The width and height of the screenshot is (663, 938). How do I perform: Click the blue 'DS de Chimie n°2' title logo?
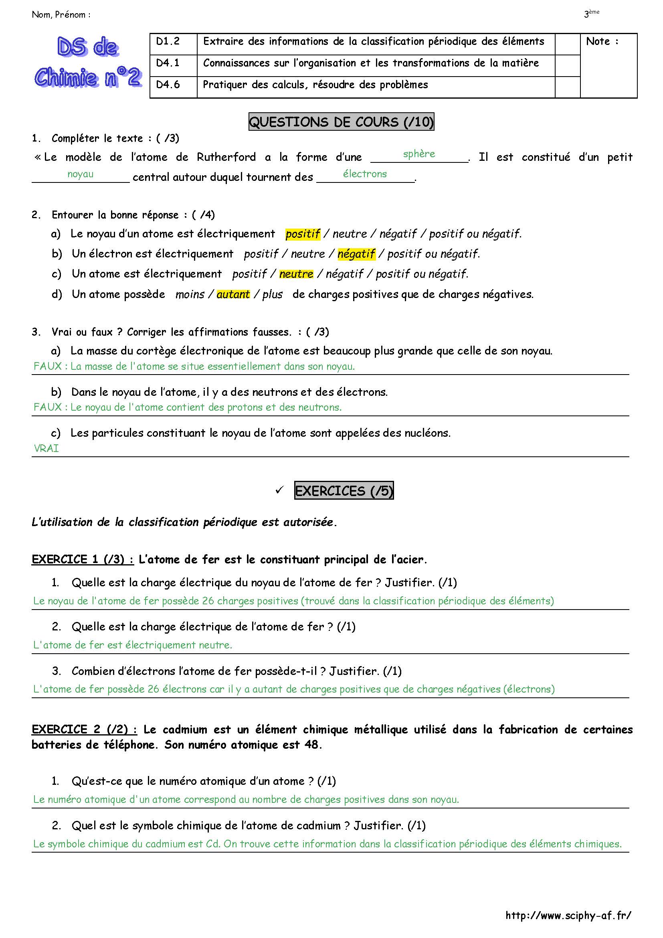click(x=88, y=62)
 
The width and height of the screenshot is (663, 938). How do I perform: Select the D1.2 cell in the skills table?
click(x=168, y=41)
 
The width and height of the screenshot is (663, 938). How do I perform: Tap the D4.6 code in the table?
click(x=168, y=85)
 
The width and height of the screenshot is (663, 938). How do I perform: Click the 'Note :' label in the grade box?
click(x=602, y=41)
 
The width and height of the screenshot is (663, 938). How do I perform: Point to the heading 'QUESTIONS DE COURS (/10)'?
click(x=341, y=122)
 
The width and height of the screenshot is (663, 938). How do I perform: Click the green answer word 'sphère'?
click(x=419, y=154)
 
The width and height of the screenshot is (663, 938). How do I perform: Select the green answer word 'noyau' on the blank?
click(x=81, y=174)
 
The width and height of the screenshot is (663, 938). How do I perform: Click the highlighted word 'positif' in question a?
click(x=303, y=234)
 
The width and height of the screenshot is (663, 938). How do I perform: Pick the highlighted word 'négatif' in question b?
click(x=356, y=254)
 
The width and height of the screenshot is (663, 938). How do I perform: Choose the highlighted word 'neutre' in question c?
click(x=296, y=274)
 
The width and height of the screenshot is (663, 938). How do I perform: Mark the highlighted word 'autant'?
click(x=233, y=294)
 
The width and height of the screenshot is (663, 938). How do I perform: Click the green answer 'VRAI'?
click(x=46, y=449)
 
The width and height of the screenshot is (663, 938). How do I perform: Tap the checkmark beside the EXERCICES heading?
click(x=279, y=490)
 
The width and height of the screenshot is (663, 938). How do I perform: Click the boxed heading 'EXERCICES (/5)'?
click(x=344, y=490)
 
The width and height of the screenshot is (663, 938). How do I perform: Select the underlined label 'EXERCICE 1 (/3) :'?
click(x=83, y=559)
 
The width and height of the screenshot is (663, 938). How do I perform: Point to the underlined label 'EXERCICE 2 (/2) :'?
click(x=84, y=729)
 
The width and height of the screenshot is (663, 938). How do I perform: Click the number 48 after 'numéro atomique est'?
click(x=311, y=744)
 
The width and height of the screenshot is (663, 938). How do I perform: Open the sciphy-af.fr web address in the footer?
click(x=568, y=915)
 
